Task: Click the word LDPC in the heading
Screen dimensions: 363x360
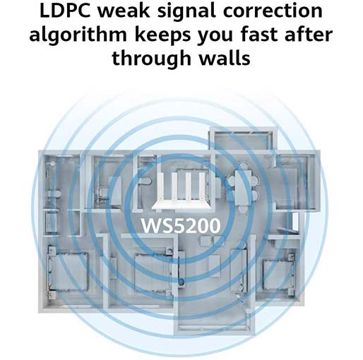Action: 65,11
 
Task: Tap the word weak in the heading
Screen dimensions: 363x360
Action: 124,11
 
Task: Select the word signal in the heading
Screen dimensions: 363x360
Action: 186,13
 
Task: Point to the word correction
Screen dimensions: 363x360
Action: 273,11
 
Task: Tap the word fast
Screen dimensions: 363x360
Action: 259,35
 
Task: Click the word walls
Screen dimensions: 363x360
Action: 225,57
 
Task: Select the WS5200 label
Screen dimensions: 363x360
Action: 181,226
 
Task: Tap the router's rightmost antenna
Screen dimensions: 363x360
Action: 201,186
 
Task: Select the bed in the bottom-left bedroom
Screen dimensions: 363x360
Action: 69,271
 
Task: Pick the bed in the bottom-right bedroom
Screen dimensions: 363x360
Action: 278,276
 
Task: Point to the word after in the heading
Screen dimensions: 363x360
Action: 309,35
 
